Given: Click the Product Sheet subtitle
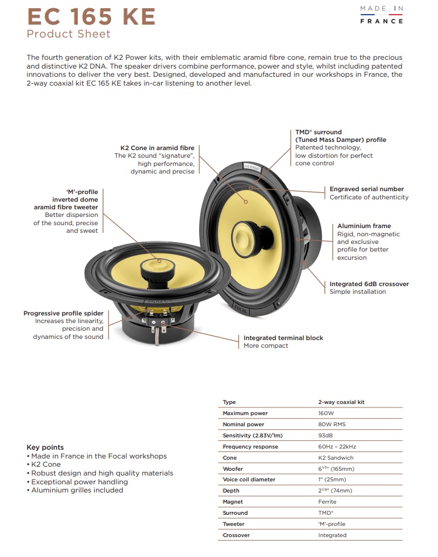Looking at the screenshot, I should point(69,34).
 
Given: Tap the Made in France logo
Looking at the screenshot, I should point(381,15).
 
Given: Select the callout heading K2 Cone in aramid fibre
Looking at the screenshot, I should point(157,148).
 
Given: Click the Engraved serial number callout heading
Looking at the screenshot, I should point(367,189).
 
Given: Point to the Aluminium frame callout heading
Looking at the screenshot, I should point(364,226).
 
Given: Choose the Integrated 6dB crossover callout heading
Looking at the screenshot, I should point(369,284).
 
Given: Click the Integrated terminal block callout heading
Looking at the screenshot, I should point(283,338).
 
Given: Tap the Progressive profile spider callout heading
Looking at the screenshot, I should point(63,314).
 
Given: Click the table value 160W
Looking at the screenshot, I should point(326,413).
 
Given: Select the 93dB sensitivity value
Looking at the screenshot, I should point(326,436).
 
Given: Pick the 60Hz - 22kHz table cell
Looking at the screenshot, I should point(337,447).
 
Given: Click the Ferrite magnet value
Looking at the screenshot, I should point(327,502).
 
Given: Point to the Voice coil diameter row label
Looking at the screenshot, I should point(249,480).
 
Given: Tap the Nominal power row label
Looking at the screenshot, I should point(243,424).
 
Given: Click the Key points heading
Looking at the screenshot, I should point(45,447).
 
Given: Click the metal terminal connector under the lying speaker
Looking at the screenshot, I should point(158,334).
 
